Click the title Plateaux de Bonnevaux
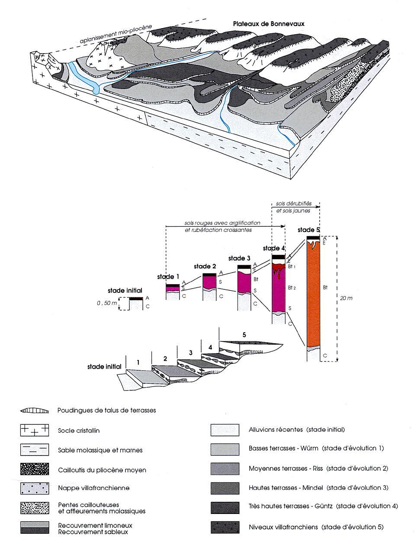[266, 24]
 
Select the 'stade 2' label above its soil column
[205, 266]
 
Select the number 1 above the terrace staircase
[138, 363]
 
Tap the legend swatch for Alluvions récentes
[225, 430]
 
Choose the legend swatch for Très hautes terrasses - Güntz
[225, 507]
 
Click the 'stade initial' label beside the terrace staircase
[104, 366]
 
